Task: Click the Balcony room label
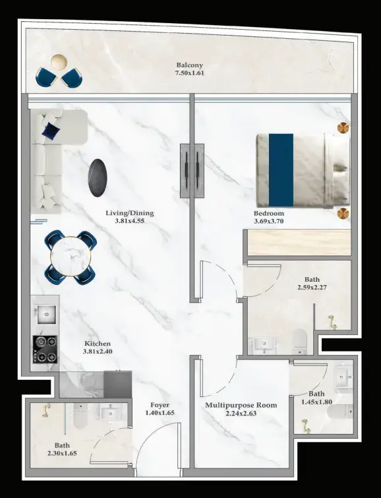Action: pos(190,65)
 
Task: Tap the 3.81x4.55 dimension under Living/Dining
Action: pos(130,221)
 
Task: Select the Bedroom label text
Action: pos(268,214)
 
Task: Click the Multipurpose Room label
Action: pos(241,405)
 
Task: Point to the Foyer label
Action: pos(160,405)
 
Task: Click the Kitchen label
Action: pos(98,344)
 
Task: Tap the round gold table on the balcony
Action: pos(59,61)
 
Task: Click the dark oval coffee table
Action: pos(98,177)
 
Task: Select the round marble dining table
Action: pos(71,258)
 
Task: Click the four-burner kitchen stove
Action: pos(45,350)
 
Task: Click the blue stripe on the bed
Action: pos(281,170)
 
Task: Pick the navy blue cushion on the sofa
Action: pos(51,130)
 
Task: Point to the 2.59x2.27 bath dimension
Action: pos(312,288)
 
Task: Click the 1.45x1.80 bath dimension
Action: pos(316,402)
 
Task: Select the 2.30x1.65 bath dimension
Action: pos(62,453)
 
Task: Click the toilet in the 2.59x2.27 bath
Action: pos(300,342)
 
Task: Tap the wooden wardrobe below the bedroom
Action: pos(299,242)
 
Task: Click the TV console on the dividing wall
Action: pos(192,171)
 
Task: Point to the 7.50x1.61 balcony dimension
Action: pos(190,73)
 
